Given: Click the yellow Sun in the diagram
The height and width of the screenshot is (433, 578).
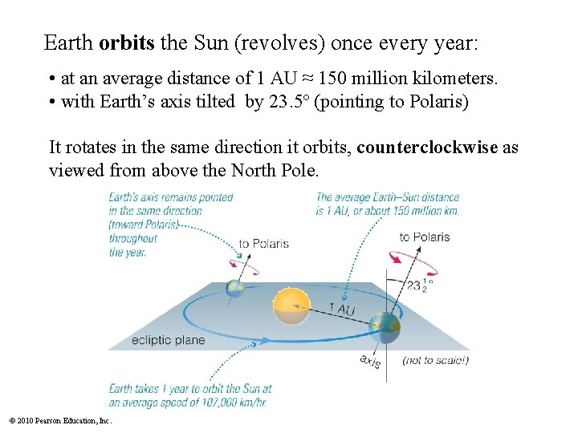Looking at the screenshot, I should click(x=291, y=307).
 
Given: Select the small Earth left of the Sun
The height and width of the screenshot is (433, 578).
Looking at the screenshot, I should click(x=234, y=289).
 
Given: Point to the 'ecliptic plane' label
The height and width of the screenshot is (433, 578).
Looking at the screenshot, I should click(x=168, y=340).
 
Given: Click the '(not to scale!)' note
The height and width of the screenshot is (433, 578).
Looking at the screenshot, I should click(x=435, y=360).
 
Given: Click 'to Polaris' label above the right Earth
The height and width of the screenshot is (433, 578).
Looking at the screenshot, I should click(x=425, y=237).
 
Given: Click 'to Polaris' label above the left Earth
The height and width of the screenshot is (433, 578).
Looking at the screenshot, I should click(x=263, y=244).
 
